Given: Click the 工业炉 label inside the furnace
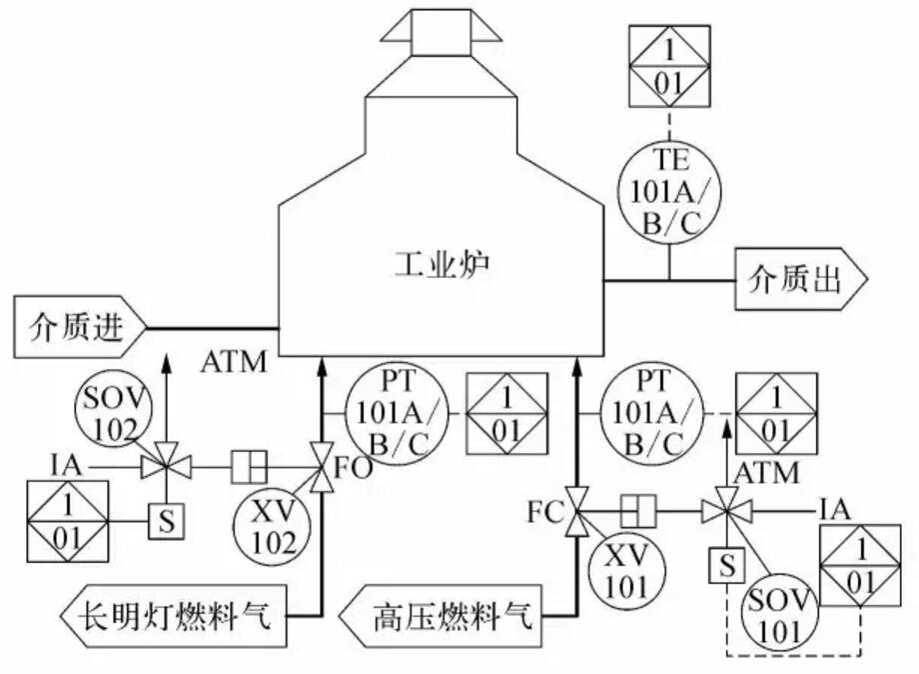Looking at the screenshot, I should pos(440,266).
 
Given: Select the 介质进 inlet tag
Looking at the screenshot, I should pos(80,326).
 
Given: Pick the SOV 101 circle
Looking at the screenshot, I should pos(782,610).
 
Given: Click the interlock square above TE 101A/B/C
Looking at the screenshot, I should pos(670,64).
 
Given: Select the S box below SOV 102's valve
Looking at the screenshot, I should pos(165,520).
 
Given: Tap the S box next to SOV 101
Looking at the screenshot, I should pos(726,565).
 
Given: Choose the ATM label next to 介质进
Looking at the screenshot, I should pos(234,361).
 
